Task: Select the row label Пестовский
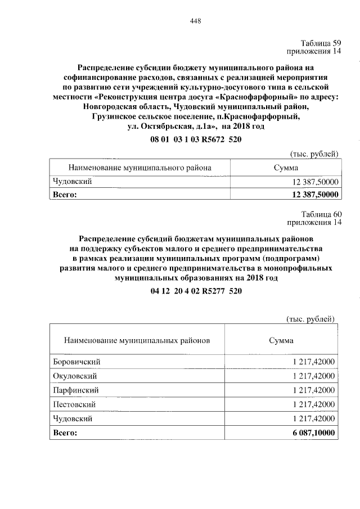(74, 404)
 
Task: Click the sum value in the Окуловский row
(313, 376)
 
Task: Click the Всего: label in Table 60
(64, 433)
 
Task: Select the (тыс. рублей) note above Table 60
(310, 319)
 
